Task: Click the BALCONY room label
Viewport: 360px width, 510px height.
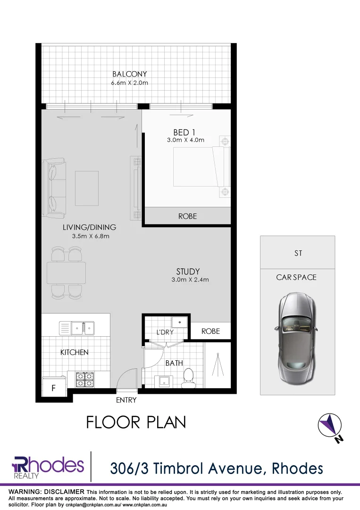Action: point(130,74)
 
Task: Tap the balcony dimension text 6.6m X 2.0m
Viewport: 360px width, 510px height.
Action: point(130,83)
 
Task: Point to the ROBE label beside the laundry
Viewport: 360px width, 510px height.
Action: point(210,331)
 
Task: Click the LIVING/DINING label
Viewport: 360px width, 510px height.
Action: point(89,228)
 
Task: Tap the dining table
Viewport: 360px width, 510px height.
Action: point(66,272)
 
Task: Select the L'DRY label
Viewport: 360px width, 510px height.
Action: point(165,332)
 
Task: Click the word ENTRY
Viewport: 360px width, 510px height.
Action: point(126,400)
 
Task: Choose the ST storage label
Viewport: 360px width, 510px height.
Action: point(298,254)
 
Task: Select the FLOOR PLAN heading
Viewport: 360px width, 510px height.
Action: point(136,422)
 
